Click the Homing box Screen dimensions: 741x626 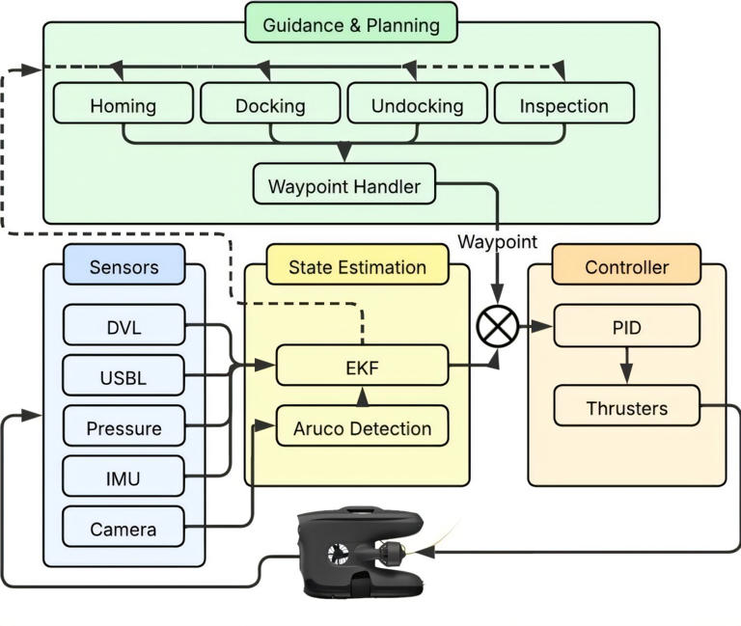(x=123, y=103)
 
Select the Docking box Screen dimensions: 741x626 (x=270, y=103)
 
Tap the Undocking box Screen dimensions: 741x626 (x=417, y=103)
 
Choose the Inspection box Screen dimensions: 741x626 (x=564, y=103)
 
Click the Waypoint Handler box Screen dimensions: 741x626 (x=344, y=184)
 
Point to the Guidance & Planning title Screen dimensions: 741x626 (x=351, y=22)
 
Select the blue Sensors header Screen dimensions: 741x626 (x=123, y=264)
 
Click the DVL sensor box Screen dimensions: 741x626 (x=123, y=325)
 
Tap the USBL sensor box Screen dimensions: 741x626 (x=123, y=375)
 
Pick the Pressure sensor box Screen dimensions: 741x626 (x=123, y=425)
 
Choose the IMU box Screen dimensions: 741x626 (x=123, y=476)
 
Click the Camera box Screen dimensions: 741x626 (x=123, y=527)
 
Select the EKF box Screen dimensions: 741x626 (x=362, y=366)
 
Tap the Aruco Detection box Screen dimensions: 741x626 (x=362, y=425)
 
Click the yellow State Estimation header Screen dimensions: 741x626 (x=358, y=264)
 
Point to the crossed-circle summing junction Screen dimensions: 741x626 (x=498, y=326)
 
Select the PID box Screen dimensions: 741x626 (x=626, y=325)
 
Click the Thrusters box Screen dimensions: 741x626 (x=626, y=405)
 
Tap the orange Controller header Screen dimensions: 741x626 (x=626, y=264)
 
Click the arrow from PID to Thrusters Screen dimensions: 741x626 (x=626, y=366)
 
